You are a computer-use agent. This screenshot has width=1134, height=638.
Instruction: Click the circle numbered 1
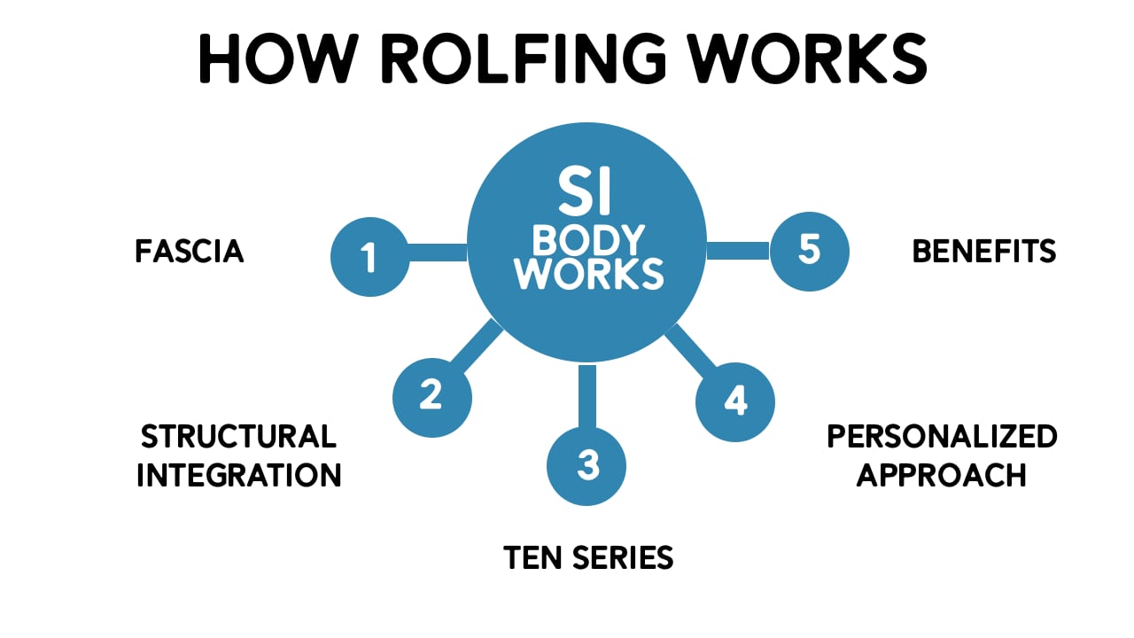point(369,258)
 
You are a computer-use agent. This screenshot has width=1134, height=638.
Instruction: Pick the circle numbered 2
point(431,395)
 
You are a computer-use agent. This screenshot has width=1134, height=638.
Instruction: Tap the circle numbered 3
point(586,466)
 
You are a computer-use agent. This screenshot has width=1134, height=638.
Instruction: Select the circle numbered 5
point(809,251)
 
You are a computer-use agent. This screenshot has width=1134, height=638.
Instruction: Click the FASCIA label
point(190,252)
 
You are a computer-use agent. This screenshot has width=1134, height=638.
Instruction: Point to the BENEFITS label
point(984,252)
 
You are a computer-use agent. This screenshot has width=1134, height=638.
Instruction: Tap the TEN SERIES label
point(588,557)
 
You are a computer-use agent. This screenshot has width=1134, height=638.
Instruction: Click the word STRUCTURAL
point(238,436)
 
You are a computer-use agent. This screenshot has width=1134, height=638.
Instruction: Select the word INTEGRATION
point(238,475)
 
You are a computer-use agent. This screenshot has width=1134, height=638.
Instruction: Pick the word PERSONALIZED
point(942,436)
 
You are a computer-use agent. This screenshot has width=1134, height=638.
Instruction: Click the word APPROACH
point(942,475)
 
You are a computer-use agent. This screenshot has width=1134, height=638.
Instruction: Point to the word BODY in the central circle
point(589,239)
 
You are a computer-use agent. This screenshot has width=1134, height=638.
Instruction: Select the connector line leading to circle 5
point(738,251)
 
